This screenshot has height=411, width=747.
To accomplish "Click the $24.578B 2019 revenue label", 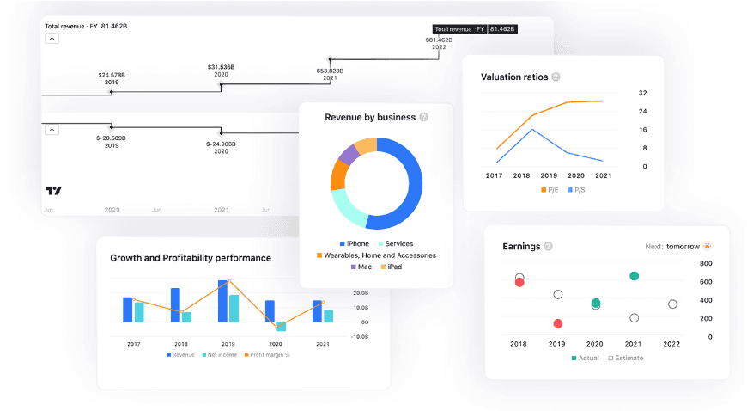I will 112,78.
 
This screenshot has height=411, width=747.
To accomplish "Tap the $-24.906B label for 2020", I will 221,147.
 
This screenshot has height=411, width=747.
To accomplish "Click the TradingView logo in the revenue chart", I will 53,190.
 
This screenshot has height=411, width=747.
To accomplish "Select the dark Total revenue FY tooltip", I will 474,29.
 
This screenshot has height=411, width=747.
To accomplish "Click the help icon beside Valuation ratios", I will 556,77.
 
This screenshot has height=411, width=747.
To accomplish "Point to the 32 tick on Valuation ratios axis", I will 643,93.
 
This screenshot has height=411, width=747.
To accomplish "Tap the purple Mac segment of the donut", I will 348,155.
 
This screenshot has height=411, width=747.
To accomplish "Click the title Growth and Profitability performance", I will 191,258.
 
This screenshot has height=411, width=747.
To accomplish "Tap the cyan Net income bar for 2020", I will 281,326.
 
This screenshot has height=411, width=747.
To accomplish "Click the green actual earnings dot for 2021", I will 634,276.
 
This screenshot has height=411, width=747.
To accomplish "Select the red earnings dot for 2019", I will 558,324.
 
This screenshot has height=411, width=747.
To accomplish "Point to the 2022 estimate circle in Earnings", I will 672,304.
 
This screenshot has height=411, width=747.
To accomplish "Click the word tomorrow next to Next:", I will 683,247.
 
